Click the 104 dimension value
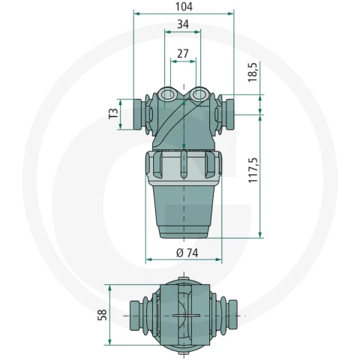tap(184, 7)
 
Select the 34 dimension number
tap(183, 25)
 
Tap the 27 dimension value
tap(183, 54)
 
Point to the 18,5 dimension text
tap(253, 72)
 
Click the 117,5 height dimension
tap(253, 170)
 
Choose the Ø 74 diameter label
tap(187, 253)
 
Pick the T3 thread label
tap(113, 113)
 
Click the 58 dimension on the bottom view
tap(102, 315)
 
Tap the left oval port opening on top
tap(168, 94)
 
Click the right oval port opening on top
tap(199, 94)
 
